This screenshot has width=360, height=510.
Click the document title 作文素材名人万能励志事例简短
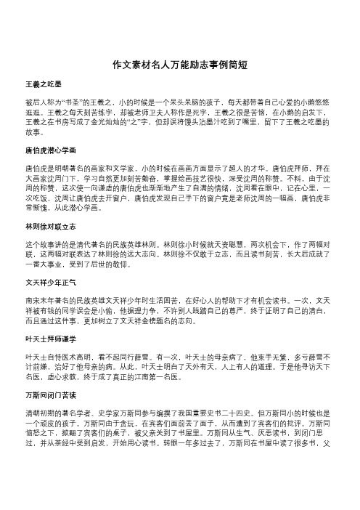pos(179,64)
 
